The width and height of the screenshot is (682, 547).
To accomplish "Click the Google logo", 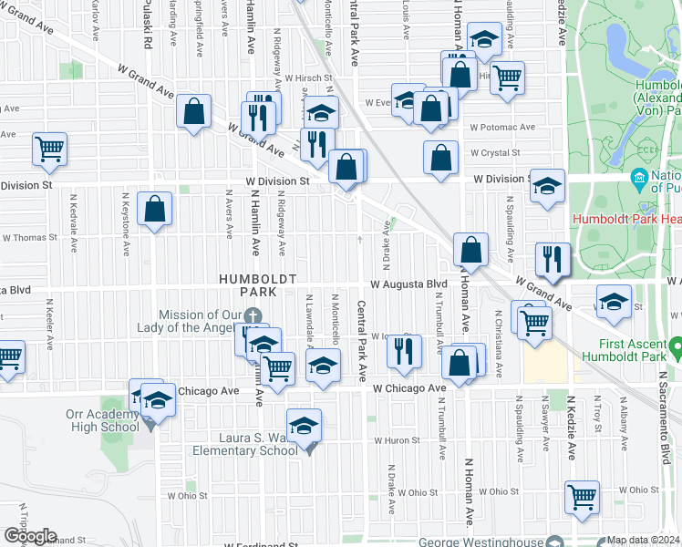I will pyautogui.click(x=29, y=536).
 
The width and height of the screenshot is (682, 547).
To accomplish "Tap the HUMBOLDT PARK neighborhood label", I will pyautogui.click(x=244, y=284).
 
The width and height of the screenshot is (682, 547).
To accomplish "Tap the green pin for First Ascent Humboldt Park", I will pyautogui.click(x=676, y=348).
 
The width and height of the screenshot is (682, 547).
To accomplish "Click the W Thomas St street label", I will pyautogui.click(x=29, y=237).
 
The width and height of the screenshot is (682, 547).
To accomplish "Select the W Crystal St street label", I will pyautogui.click(x=495, y=153).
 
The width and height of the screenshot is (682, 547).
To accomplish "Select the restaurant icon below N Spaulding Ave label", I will pyautogui.click(x=553, y=257).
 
